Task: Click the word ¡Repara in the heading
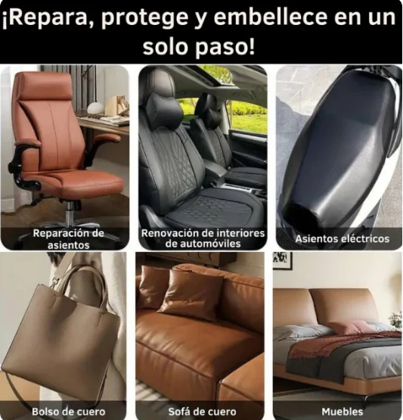pyautogui.click(x=46, y=17)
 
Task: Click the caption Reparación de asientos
pyautogui.click(x=68, y=238)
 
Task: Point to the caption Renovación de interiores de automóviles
pyautogui.click(x=202, y=238)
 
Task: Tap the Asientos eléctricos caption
pyautogui.click(x=342, y=238)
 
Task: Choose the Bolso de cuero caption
pyautogui.click(x=63, y=411)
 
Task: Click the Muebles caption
pyautogui.click(x=342, y=411)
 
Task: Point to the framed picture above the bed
pyautogui.click(x=282, y=260)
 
